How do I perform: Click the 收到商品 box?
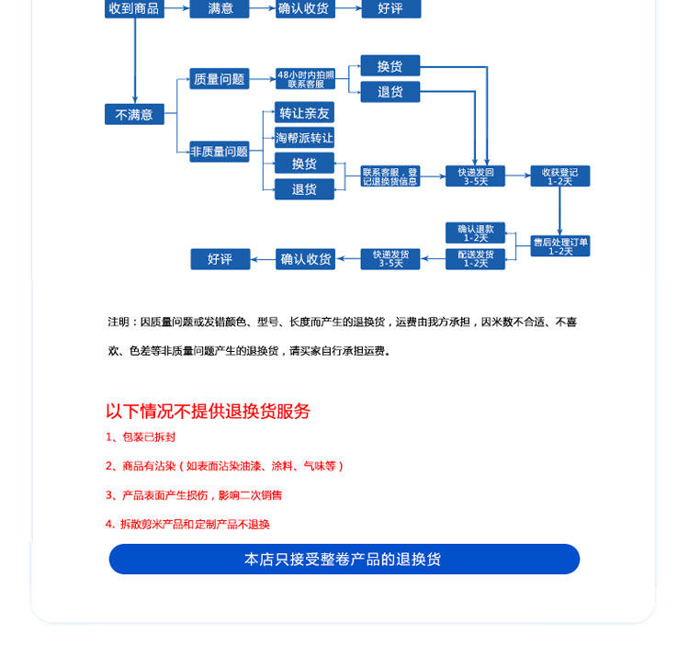coord(134,9)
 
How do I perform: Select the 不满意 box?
coord(134,115)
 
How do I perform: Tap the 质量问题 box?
coord(220,79)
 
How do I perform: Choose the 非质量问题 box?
coord(220,152)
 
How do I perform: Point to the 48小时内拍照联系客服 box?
coord(306,79)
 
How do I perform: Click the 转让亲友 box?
coord(304,113)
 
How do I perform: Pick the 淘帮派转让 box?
coord(304,138)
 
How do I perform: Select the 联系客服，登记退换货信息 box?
coord(390,176)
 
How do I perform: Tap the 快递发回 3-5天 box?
coord(475,176)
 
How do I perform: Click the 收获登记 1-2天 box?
coord(560,176)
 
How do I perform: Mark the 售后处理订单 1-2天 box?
coord(560,246)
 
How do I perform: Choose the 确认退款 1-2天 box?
coord(475,233)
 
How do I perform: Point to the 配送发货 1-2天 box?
coord(475,259)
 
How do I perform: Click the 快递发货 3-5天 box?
coord(390,259)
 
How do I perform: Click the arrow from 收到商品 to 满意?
coord(177,9)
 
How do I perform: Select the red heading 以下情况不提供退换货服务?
coord(209,411)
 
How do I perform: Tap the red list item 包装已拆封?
coord(134,437)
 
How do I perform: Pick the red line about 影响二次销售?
coord(194,495)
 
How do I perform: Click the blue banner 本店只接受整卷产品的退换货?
coord(344,559)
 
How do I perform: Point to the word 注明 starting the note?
coord(119,323)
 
